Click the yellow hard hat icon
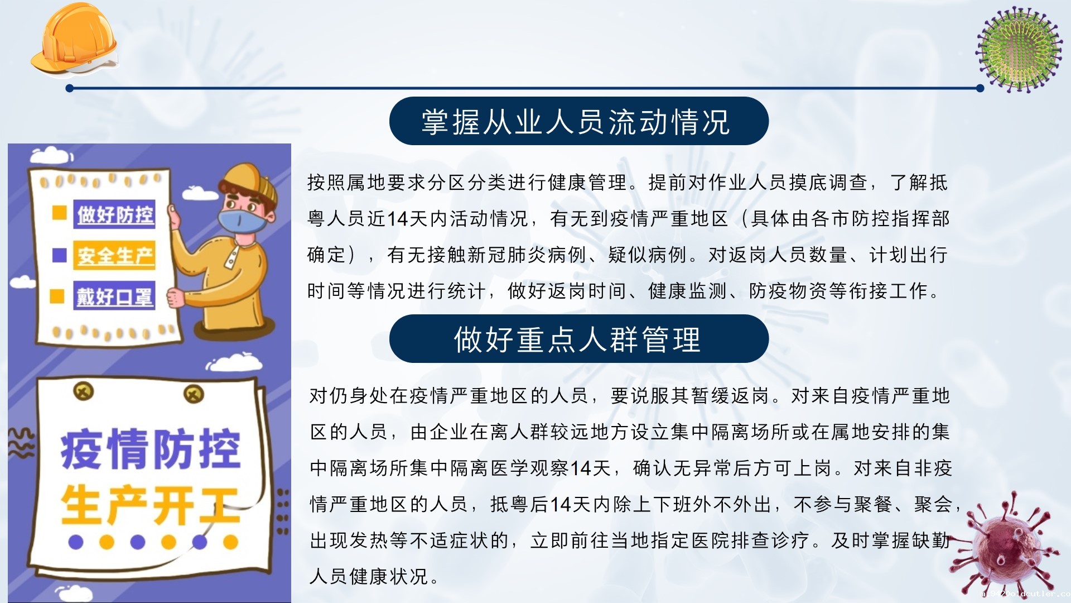pyautogui.click(x=75, y=39)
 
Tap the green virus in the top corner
pyautogui.click(x=1019, y=49)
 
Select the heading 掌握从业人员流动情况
pyautogui.click(x=576, y=122)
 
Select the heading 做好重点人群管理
pyautogui.click(x=577, y=339)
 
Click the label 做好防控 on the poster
pyautogui.click(x=115, y=214)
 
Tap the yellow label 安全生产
pyautogui.click(x=115, y=256)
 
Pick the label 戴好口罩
pyautogui.click(x=114, y=296)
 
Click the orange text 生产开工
pyautogui.click(x=151, y=505)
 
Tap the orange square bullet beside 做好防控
pyautogui.click(x=59, y=213)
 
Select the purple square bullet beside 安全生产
pyautogui.click(x=59, y=255)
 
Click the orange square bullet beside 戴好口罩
pyautogui.click(x=57, y=296)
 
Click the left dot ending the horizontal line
pyautogui.click(x=70, y=88)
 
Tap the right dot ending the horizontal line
pyautogui.click(x=980, y=88)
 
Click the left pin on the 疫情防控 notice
pyautogui.click(x=84, y=391)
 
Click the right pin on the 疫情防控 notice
pyautogui.click(x=194, y=395)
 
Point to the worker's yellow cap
pyautogui.click(x=249, y=181)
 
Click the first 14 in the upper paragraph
pyautogui.click(x=398, y=219)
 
